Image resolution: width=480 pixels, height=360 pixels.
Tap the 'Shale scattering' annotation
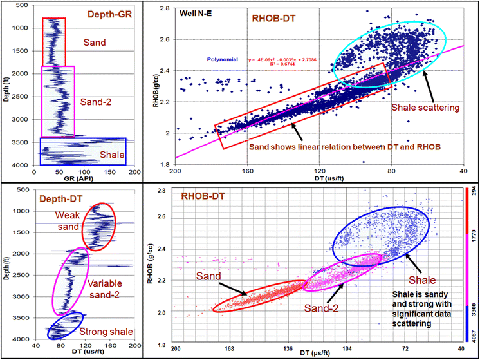click(425, 108)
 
